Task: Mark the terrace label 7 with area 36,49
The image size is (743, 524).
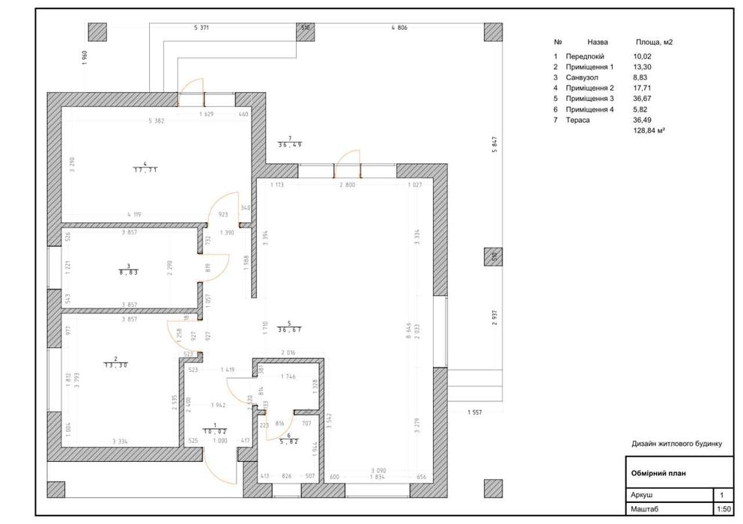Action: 290,141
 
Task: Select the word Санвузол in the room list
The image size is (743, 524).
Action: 583,77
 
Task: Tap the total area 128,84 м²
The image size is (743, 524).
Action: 649,130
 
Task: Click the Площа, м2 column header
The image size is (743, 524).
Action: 654,43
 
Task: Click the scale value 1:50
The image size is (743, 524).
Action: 723,509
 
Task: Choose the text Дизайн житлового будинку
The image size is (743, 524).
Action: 676,444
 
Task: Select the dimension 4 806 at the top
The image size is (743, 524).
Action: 398,28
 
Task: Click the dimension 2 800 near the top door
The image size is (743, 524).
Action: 346,184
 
